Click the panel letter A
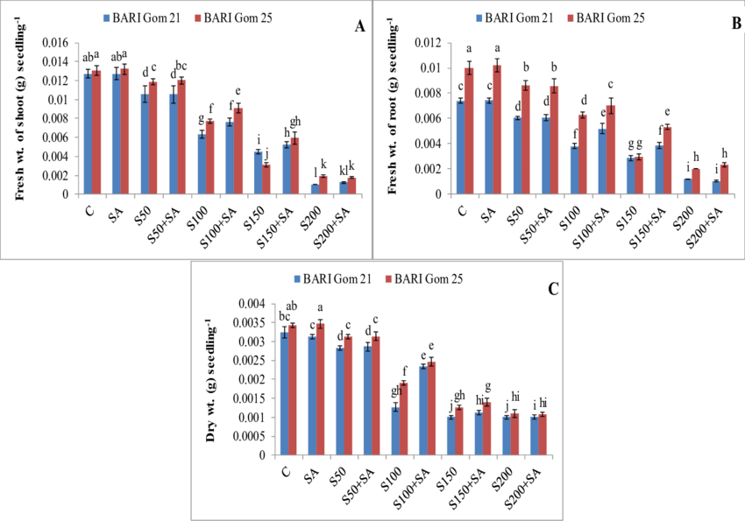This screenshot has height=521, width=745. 359,27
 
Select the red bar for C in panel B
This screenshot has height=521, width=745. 470,131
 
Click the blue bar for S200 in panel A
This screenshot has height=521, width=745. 316,189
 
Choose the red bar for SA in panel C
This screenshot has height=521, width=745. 320,390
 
